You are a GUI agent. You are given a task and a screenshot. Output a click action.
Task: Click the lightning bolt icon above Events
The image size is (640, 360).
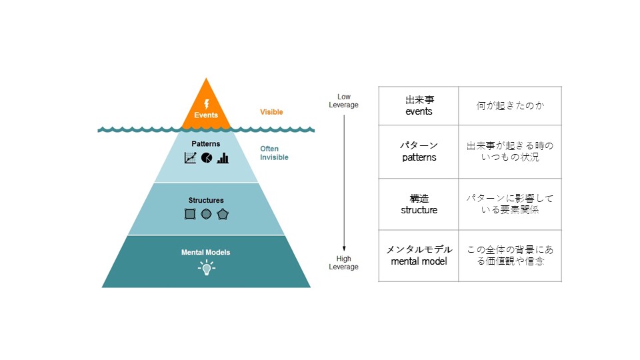[207, 104]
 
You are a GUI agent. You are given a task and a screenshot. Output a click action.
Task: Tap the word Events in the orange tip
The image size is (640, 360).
[206, 115]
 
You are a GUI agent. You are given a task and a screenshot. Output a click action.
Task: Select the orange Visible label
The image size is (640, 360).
[271, 112]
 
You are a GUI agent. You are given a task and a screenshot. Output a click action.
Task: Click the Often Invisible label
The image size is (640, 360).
[274, 153]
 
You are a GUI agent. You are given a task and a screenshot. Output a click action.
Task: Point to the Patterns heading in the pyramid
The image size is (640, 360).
[206, 144]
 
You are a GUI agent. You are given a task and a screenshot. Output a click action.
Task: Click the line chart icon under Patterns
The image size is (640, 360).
[190, 157]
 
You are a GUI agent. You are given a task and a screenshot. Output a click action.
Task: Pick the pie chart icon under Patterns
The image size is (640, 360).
[207, 157]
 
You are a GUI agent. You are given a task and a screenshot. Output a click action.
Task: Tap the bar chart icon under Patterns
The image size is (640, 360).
[223, 158]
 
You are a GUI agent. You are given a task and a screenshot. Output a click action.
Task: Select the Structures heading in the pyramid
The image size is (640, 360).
[206, 201]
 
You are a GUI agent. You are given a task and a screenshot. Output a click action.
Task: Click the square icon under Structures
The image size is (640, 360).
[190, 214]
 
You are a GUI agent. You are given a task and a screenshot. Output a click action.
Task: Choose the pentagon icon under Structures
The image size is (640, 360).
[223, 214]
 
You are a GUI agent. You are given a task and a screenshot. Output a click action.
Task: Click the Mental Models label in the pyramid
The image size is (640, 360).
[206, 253]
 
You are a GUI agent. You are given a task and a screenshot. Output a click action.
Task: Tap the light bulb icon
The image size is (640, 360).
[207, 268]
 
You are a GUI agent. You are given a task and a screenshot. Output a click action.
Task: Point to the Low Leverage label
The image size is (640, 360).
[344, 101]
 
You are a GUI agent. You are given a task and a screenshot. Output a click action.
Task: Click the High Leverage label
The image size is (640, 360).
[344, 263]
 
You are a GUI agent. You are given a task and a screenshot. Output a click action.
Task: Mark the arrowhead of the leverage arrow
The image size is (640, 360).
[344, 248]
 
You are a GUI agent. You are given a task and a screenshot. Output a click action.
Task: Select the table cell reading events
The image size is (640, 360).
[419, 106]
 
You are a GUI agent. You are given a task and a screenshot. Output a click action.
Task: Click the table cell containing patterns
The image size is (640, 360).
[419, 151]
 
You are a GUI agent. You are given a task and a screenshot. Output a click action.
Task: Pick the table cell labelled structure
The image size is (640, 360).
[419, 204]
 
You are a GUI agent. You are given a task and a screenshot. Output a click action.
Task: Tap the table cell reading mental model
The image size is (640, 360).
[419, 255]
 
